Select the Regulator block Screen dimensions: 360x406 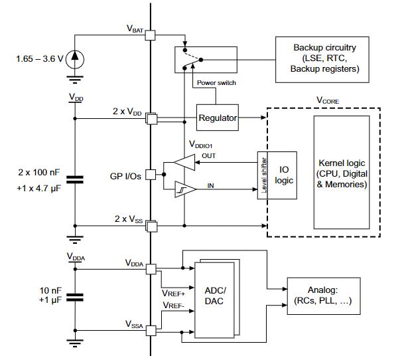[218, 118]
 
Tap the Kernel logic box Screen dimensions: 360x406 [342, 173]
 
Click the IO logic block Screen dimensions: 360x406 [285, 175]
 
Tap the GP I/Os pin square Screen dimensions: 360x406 [151, 175]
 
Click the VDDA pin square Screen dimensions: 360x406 [151, 269]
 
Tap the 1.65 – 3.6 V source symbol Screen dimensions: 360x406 [76, 59]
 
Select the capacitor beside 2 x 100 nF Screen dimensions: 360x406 [76, 178]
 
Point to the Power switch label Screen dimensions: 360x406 [217, 83]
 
